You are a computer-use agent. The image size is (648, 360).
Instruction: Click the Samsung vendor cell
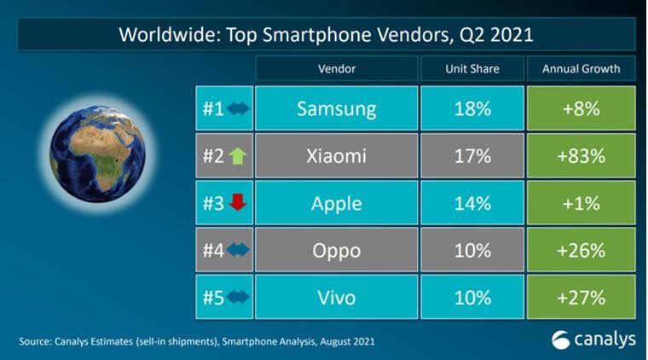tap(336, 108)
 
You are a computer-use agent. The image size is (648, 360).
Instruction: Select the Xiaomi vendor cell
tap(336, 156)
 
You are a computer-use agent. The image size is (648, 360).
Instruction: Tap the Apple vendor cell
tap(336, 204)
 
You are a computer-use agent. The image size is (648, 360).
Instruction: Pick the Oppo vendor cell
tap(336, 252)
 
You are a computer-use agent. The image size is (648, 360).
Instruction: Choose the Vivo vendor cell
tap(336, 299)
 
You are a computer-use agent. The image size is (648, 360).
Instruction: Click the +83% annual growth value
tap(581, 156)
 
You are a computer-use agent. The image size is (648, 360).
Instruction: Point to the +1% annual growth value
tap(581, 204)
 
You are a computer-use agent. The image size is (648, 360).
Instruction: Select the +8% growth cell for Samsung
tap(581, 108)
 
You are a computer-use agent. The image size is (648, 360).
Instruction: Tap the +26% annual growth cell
tap(581, 252)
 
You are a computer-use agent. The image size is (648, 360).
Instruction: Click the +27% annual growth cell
tap(581, 299)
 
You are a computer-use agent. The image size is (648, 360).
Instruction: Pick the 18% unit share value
tap(472, 108)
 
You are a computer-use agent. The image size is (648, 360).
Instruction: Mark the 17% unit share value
tap(472, 156)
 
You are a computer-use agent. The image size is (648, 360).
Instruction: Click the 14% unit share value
tap(472, 204)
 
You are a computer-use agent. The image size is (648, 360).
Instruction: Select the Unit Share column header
tap(472, 68)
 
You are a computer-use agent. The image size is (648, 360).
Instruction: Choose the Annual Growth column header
tap(581, 68)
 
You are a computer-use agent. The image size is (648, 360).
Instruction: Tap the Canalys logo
tap(593, 339)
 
